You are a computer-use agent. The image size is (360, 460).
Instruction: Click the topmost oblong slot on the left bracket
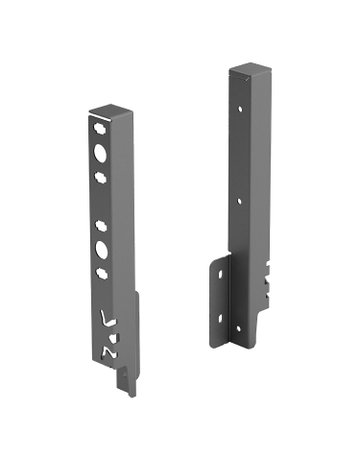98,129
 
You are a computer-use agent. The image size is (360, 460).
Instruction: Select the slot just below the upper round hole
100,177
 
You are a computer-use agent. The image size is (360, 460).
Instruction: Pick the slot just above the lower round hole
101,225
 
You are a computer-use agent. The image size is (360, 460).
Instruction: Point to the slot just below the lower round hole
103,272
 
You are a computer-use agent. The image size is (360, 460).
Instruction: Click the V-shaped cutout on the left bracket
110,321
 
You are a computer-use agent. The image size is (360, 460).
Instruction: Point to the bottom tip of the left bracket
130,392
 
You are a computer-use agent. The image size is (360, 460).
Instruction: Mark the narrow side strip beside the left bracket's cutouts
131,330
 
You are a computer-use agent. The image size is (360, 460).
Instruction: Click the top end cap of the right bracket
249,70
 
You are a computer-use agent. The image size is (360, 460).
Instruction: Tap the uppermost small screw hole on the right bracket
240,103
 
